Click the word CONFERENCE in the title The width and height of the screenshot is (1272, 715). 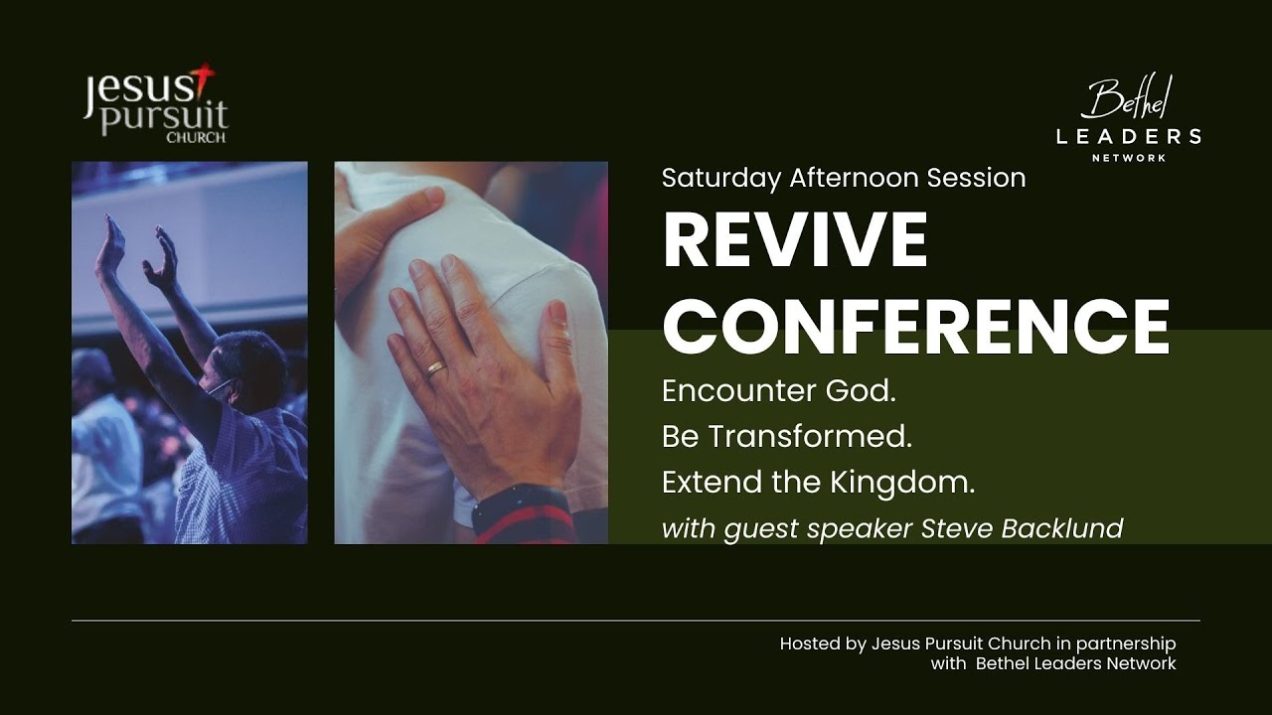(915, 327)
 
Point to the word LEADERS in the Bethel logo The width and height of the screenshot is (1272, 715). (1128, 137)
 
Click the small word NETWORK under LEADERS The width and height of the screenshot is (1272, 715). (1128, 158)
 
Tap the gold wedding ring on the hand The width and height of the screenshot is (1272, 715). (436, 369)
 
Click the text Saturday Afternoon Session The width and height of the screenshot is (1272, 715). (844, 178)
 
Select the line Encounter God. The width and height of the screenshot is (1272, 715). (779, 391)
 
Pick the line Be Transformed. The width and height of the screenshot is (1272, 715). (787, 437)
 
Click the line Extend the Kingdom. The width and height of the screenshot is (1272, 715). (818, 483)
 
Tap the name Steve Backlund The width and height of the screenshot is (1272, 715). (1022, 528)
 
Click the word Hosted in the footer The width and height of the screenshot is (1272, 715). (809, 643)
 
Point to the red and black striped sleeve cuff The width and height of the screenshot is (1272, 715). (523, 517)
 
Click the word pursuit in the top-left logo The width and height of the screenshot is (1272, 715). (165, 115)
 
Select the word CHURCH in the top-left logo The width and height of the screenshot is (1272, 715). (195, 138)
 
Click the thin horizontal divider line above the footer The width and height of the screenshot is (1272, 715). (636, 621)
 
